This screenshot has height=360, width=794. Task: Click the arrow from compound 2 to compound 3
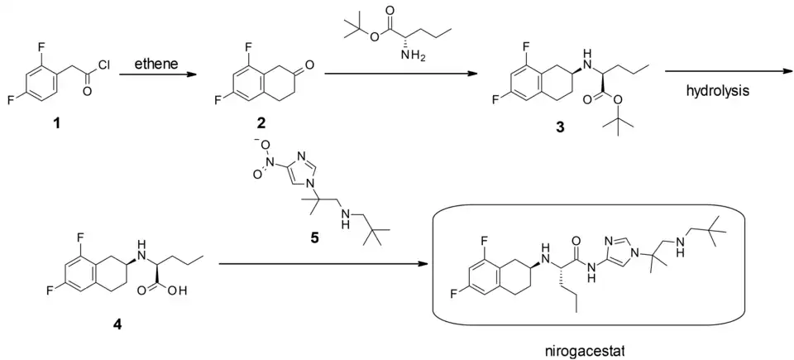pyautogui.click(x=401, y=75)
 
